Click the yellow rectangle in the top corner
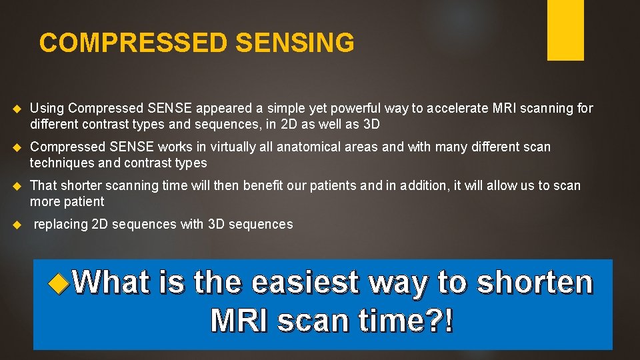565,30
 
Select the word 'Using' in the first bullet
47,108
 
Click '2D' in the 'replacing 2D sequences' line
99,225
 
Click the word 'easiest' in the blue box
305,283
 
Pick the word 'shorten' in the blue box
535,283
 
